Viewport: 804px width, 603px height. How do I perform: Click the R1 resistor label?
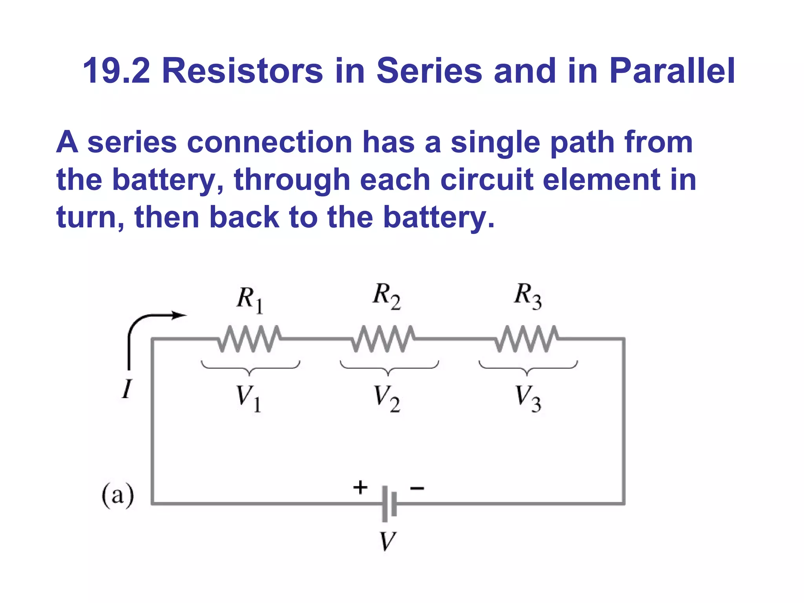250,299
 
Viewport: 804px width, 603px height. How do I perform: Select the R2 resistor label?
386,296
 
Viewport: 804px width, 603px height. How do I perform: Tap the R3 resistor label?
528,296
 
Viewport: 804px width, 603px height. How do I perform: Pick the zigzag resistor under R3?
526,338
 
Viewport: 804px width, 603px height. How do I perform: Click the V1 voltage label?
249,398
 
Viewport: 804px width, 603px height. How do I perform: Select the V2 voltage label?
387,398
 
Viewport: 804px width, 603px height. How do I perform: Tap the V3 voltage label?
528,398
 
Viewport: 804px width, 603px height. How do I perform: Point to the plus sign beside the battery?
360,487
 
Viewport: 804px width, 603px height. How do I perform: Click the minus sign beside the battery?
417,488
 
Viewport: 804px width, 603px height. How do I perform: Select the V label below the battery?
387,541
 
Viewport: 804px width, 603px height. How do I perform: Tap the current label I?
126,389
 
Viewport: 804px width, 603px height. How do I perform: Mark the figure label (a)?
118,495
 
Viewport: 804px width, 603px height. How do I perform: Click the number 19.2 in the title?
117,71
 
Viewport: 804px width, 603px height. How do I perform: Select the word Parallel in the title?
672,71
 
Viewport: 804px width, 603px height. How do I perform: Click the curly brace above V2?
389,367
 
